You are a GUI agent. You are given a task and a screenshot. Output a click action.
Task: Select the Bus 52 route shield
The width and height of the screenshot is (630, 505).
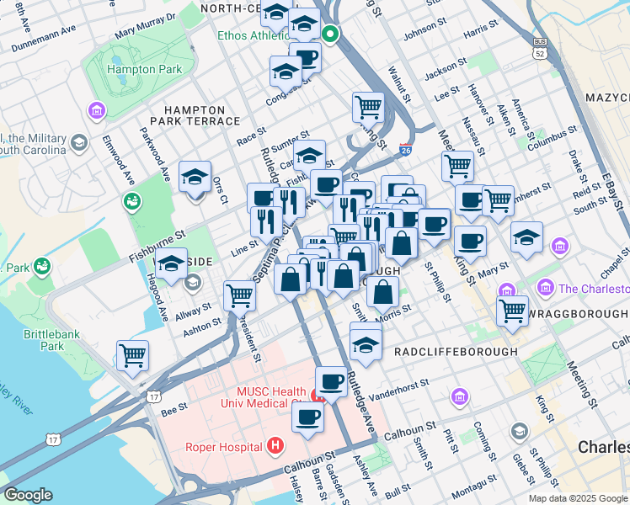[x=539, y=46]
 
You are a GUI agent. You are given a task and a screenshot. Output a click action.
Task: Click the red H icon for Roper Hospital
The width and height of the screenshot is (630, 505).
[x=274, y=444]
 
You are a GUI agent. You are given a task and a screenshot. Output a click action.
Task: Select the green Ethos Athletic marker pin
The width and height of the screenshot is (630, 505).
[x=331, y=35]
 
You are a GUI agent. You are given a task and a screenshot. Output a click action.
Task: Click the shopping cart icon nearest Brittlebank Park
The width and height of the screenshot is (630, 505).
[x=133, y=355]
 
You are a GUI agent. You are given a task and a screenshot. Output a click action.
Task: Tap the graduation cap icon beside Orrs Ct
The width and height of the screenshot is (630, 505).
[x=195, y=177]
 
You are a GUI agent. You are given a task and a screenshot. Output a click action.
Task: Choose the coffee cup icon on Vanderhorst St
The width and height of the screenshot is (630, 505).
[x=331, y=381]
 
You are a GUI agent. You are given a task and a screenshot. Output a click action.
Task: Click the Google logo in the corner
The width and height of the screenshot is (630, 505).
[x=28, y=494]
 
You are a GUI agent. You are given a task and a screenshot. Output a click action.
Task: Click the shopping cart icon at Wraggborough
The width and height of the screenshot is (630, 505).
[x=512, y=311]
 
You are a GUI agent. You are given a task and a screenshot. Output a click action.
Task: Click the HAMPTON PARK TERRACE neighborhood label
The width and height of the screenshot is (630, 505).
[x=195, y=115]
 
